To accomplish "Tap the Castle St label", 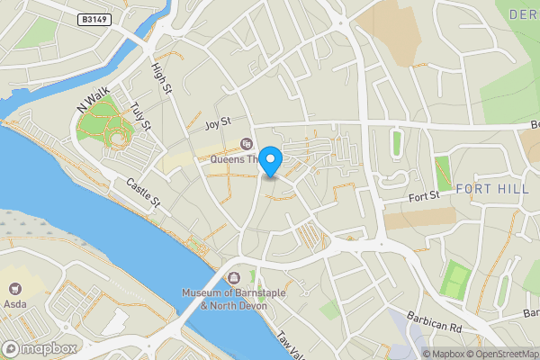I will pos(142,192).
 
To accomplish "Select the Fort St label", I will pos(421,194).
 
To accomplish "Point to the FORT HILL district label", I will pos(493,189).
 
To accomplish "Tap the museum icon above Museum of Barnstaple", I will pos(235,277).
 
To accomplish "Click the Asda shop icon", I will pos(14,290).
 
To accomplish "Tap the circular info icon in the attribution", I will pos(415,353).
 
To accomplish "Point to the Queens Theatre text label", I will pos(234,160).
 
